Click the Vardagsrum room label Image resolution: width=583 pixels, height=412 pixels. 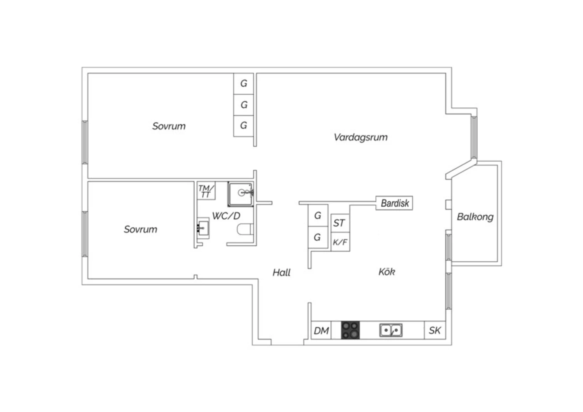pyautogui.click(x=360, y=138)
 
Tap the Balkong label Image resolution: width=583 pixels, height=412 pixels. pyautogui.click(x=475, y=217)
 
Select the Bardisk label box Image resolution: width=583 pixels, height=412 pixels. pyautogui.click(x=394, y=203)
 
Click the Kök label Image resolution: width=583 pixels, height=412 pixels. pyautogui.click(x=387, y=272)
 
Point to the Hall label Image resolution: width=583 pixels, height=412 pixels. pyautogui.click(x=282, y=272)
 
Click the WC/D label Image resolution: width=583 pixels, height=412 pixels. pyautogui.click(x=226, y=216)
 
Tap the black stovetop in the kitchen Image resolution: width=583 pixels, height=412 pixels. pyautogui.click(x=350, y=330)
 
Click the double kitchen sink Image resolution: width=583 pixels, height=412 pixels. pyautogui.click(x=391, y=330)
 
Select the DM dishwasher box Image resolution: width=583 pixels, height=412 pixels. pyautogui.click(x=321, y=330)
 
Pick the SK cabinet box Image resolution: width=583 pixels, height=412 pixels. pyautogui.click(x=435, y=330)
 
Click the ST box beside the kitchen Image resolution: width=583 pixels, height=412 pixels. pyautogui.click(x=340, y=223)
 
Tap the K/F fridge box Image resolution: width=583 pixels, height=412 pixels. pyautogui.click(x=340, y=242)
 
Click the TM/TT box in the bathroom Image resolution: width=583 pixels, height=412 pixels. pyautogui.click(x=206, y=191)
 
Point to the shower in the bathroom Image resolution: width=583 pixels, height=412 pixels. pyautogui.click(x=241, y=194)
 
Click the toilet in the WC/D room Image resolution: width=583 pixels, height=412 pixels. pyautogui.click(x=245, y=229)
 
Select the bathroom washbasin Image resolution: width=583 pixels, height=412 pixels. pyautogui.click(x=203, y=228)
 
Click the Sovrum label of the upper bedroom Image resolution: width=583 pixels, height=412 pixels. pyautogui.click(x=169, y=126)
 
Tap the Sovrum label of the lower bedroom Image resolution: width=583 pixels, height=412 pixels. pyautogui.click(x=141, y=229)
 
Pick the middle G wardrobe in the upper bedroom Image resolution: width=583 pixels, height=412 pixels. pyautogui.click(x=244, y=105)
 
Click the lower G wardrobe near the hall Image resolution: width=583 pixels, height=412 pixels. pyautogui.click(x=318, y=237)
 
